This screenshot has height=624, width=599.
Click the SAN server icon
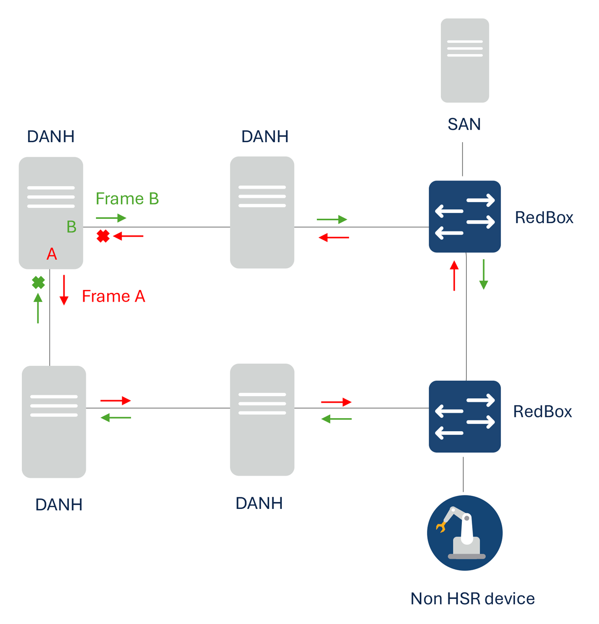click(x=465, y=60)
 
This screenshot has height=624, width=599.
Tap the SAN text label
click(x=464, y=124)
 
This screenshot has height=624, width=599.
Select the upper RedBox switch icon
click(x=465, y=216)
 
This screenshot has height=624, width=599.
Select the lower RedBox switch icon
click(x=465, y=416)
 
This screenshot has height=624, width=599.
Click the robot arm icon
click(x=465, y=533)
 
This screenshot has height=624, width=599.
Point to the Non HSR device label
click(x=472, y=599)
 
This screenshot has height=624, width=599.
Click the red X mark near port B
click(x=103, y=236)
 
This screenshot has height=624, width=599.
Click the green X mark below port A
click(x=38, y=283)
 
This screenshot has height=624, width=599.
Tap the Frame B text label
click(x=127, y=199)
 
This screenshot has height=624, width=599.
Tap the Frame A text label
click(x=113, y=296)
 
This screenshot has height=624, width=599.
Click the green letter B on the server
click(x=71, y=227)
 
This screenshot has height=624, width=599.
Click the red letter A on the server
click(x=51, y=254)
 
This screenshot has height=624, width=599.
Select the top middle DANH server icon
click(x=262, y=212)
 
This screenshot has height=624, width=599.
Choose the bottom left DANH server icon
click(x=54, y=421)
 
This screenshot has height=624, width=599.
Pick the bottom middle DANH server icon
click(x=262, y=420)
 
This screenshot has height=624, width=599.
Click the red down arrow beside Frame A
click(x=64, y=290)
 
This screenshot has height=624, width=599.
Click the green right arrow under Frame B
click(x=111, y=218)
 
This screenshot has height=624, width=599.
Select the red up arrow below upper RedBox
click(x=454, y=276)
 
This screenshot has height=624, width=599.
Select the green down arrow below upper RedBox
click(x=483, y=275)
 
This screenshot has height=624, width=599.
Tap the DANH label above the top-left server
click(x=51, y=137)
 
